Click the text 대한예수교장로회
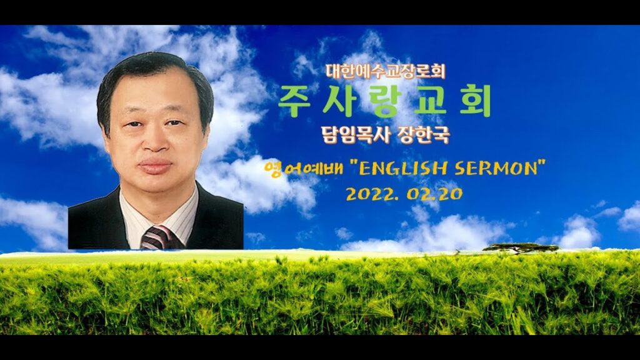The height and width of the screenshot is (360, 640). click(385, 71)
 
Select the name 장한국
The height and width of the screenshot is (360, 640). click(423, 135)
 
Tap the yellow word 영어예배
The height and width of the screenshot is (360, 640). click(304, 167)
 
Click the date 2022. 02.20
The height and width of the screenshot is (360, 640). click(404, 194)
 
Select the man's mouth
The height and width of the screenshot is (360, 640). click(155, 166)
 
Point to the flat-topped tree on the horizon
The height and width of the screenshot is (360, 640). click(521, 247)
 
